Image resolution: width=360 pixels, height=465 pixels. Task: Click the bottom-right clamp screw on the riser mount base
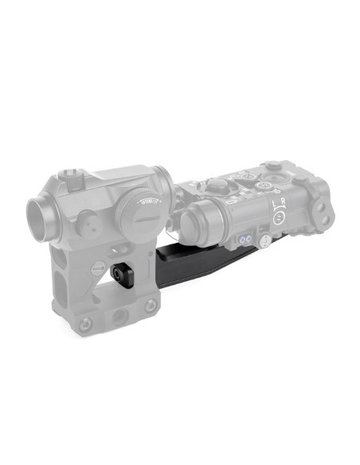149,306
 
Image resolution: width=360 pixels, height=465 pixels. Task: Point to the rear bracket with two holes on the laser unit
323,209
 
